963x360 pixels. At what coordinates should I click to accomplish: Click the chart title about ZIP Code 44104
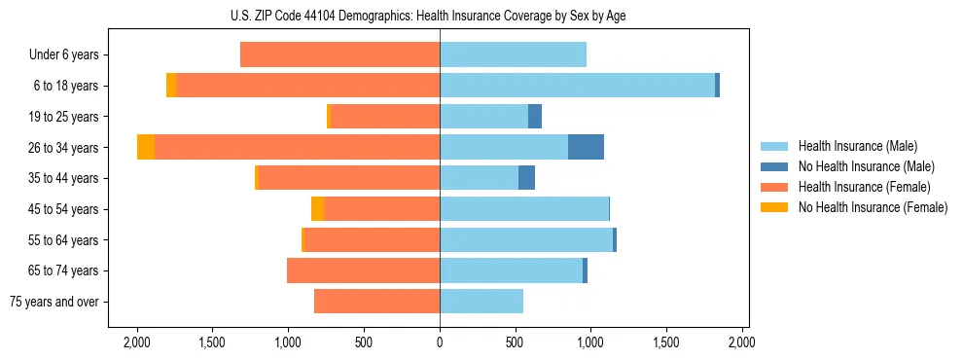click(x=440, y=16)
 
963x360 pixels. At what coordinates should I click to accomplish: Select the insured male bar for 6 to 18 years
click(x=577, y=86)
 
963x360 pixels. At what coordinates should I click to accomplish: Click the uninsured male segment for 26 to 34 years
click(x=586, y=147)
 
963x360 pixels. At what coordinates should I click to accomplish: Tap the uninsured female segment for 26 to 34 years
click(x=146, y=147)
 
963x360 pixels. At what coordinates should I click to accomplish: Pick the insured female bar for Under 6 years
click(x=339, y=54)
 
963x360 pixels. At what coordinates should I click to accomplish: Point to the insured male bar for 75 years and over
click(x=481, y=302)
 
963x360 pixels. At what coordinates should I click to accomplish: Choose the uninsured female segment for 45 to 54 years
click(x=317, y=209)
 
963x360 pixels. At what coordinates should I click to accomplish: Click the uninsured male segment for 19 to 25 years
click(x=535, y=117)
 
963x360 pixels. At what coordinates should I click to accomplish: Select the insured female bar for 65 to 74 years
click(x=363, y=270)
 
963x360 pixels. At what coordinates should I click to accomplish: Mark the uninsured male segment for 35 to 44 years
click(x=526, y=178)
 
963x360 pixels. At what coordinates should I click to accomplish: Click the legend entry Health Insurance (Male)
click(x=857, y=146)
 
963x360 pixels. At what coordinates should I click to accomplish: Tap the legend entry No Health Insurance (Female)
click(x=873, y=207)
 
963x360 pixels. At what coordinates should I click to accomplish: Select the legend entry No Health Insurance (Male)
click(x=866, y=166)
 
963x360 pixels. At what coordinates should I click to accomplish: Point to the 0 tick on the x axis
click(x=440, y=342)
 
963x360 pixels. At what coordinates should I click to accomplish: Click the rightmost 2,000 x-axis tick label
click(x=742, y=342)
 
